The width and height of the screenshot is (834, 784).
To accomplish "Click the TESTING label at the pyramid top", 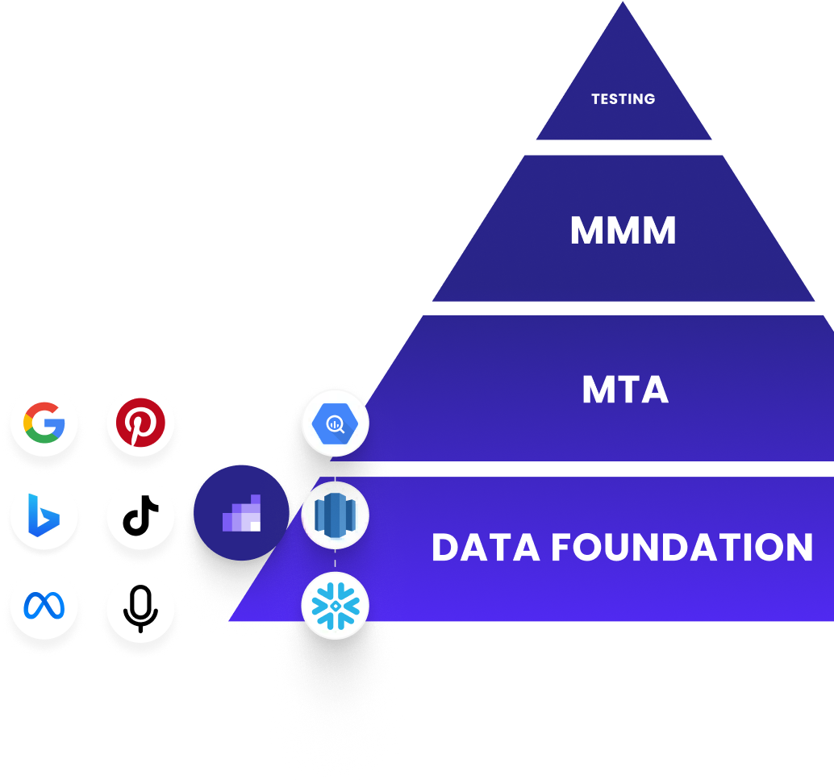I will [623, 99].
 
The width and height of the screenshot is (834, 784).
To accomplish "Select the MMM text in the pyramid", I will [623, 231].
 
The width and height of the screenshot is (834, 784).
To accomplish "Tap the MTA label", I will [625, 390].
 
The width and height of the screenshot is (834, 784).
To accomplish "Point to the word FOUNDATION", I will [682, 548].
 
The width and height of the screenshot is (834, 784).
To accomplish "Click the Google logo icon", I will [44, 422].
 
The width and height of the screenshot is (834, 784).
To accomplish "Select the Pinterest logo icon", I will [140, 422].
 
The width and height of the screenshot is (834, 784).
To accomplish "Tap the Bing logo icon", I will [44, 515].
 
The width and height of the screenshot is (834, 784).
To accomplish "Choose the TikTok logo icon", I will [140, 515].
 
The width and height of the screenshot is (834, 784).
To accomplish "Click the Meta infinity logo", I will [44, 607].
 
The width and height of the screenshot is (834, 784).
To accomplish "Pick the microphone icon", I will [140, 607].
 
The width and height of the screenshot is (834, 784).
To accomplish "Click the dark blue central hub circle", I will [241, 514].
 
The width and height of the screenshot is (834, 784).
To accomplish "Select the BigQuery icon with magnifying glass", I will [335, 423].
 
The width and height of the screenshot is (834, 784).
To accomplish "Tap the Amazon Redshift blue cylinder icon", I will [335, 515].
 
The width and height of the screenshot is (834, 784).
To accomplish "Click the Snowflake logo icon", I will [335, 606].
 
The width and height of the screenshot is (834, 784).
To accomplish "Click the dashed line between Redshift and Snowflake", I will [335, 561].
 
